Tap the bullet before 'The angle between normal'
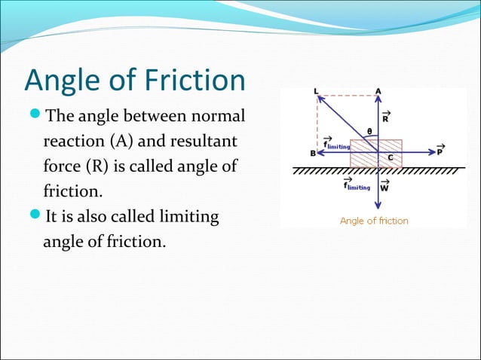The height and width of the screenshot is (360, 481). pyautogui.click(x=35, y=116)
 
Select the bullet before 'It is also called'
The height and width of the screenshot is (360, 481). pyautogui.click(x=35, y=217)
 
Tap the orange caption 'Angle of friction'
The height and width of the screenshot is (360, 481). pyautogui.click(x=374, y=221)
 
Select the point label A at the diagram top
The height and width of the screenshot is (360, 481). pyautogui.click(x=378, y=91)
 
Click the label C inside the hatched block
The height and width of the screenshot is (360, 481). pyautogui.click(x=391, y=157)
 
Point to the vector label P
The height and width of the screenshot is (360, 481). pyautogui.click(x=440, y=149)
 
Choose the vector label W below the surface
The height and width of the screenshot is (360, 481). pyautogui.click(x=385, y=186)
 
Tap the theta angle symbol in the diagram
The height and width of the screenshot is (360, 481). pyautogui.click(x=369, y=131)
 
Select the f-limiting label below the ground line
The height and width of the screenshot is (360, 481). pyautogui.click(x=356, y=185)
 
